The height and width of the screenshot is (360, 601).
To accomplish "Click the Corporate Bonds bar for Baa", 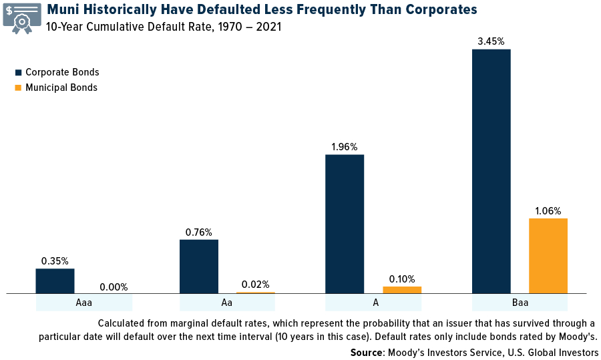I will tap(491, 171).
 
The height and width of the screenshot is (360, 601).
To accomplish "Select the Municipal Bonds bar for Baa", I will tap(548, 256).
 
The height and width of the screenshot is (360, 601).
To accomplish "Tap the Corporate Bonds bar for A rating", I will tap(345, 224).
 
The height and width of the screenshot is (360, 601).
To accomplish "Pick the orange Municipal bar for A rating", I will tap(402, 290).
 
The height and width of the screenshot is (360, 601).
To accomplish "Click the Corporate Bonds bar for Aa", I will tap(199, 266).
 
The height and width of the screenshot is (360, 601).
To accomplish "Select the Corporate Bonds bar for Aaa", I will tap(55, 281).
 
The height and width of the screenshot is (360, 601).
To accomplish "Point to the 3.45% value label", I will tap(491, 41).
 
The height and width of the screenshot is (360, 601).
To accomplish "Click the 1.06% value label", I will tap(548, 211).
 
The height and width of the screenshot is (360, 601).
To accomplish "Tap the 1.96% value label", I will tap(345, 147).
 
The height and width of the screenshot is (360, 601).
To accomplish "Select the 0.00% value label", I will tap(114, 287).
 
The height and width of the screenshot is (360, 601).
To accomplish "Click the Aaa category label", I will tap(84, 303).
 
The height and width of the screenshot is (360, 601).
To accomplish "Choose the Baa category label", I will tap(520, 303).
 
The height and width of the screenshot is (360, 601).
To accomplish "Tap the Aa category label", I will tap(227, 303).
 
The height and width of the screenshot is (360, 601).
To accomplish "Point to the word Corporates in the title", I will tap(433, 9).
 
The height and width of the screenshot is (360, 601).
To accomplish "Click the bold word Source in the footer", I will tap(367, 352).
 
